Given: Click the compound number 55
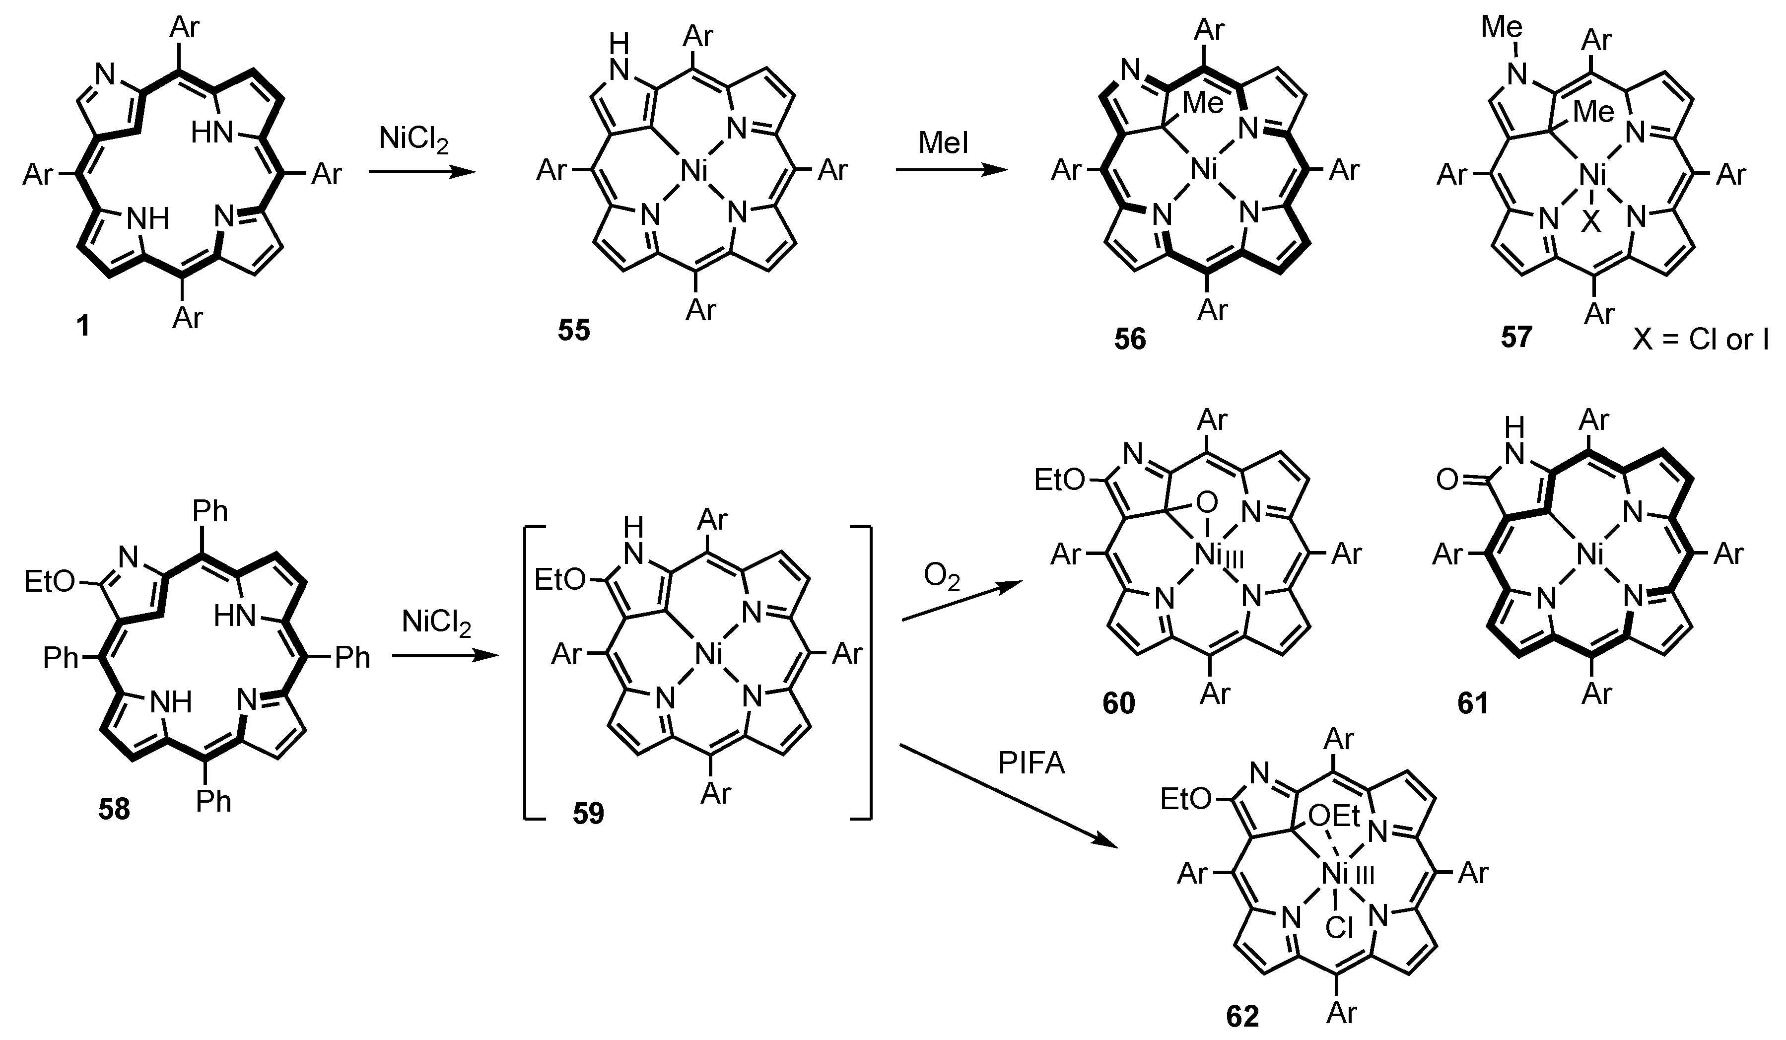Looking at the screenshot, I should pyautogui.click(x=573, y=330).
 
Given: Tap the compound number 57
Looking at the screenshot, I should pyautogui.click(x=1516, y=337).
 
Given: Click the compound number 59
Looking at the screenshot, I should pyautogui.click(x=588, y=814).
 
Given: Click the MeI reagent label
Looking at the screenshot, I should pyautogui.click(x=943, y=144).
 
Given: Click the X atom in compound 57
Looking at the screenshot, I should pyautogui.click(x=1590, y=224).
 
